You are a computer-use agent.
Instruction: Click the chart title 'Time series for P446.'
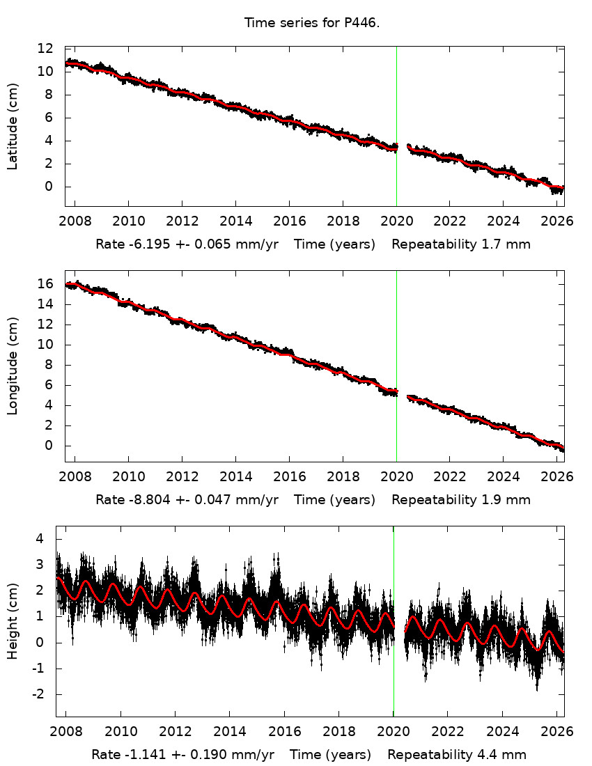click(311, 23)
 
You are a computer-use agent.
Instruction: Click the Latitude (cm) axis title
click(13, 126)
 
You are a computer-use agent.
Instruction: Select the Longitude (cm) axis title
click(13, 366)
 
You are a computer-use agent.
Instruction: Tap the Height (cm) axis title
click(13, 621)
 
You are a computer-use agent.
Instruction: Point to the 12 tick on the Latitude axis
click(46, 49)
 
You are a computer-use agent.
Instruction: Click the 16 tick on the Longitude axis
click(46, 284)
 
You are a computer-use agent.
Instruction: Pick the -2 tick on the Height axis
click(40, 694)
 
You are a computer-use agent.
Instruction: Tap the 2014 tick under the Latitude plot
click(235, 221)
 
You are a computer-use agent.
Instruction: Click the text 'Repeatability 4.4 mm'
click(457, 754)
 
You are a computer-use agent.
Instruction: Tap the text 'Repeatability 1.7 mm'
click(461, 244)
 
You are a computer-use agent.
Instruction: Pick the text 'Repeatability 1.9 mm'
click(461, 499)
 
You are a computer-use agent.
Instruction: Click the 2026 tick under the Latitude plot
click(557, 221)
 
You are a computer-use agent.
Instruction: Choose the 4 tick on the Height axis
click(40, 538)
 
